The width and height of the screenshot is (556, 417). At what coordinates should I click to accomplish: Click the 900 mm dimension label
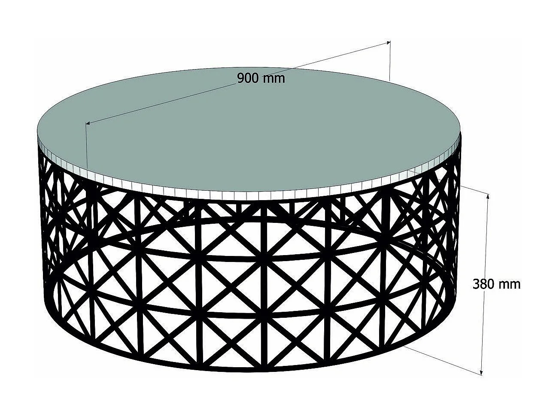[x=261, y=78]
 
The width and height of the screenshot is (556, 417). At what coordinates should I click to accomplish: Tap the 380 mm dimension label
[x=496, y=284]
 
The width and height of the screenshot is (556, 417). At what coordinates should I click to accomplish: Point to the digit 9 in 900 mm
[x=241, y=78]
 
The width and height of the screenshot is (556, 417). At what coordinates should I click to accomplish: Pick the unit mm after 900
[x=274, y=79]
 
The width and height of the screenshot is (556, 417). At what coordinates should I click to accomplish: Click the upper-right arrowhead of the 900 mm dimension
[x=388, y=43]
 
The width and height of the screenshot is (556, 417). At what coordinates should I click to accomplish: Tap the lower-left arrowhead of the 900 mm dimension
[x=88, y=123]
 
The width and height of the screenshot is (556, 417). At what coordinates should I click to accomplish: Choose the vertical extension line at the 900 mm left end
[x=86, y=146]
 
